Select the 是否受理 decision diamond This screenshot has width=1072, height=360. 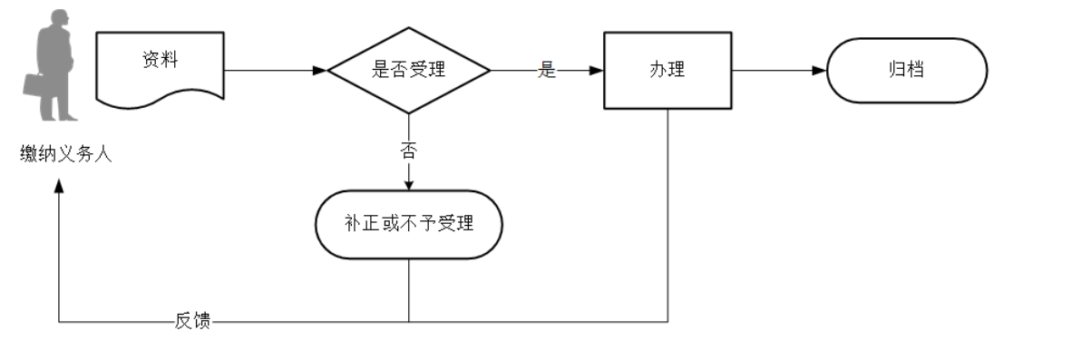(x=408, y=70)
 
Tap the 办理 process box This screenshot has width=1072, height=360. (x=668, y=70)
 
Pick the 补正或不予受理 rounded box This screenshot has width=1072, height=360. (x=408, y=224)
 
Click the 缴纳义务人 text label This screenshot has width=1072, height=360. (x=66, y=154)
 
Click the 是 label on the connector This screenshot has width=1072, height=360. (x=547, y=70)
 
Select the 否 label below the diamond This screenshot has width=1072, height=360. (x=408, y=151)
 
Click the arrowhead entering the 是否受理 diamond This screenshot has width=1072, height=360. (x=319, y=70)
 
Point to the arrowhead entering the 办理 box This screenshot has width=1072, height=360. (x=597, y=70)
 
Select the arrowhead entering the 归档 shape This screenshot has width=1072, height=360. (x=819, y=70)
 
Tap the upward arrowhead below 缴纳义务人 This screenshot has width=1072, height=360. (x=59, y=184)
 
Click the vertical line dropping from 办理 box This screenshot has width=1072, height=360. (x=668, y=218)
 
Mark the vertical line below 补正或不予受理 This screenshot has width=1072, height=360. (x=408, y=290)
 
